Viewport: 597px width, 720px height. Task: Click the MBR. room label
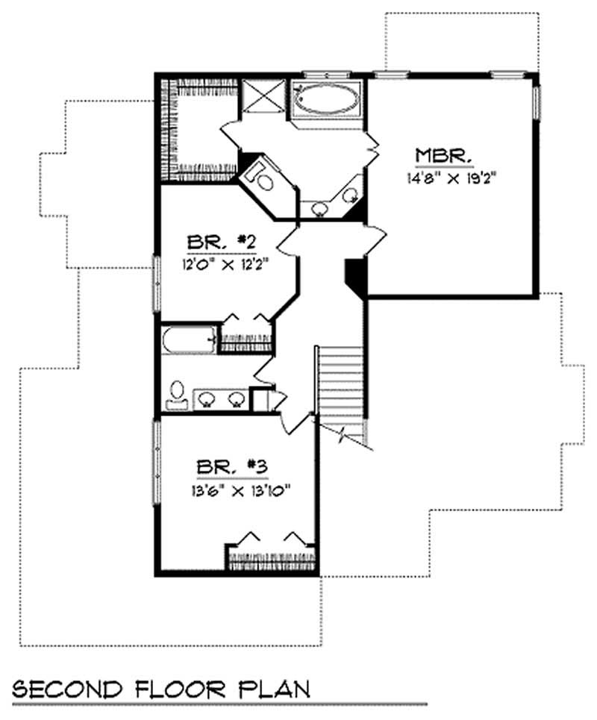click(443, 156)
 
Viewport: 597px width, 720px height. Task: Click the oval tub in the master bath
click(325, 99)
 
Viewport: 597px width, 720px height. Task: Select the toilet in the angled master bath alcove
click(260, 178)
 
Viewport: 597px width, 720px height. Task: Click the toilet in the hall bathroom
click(177, 395)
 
